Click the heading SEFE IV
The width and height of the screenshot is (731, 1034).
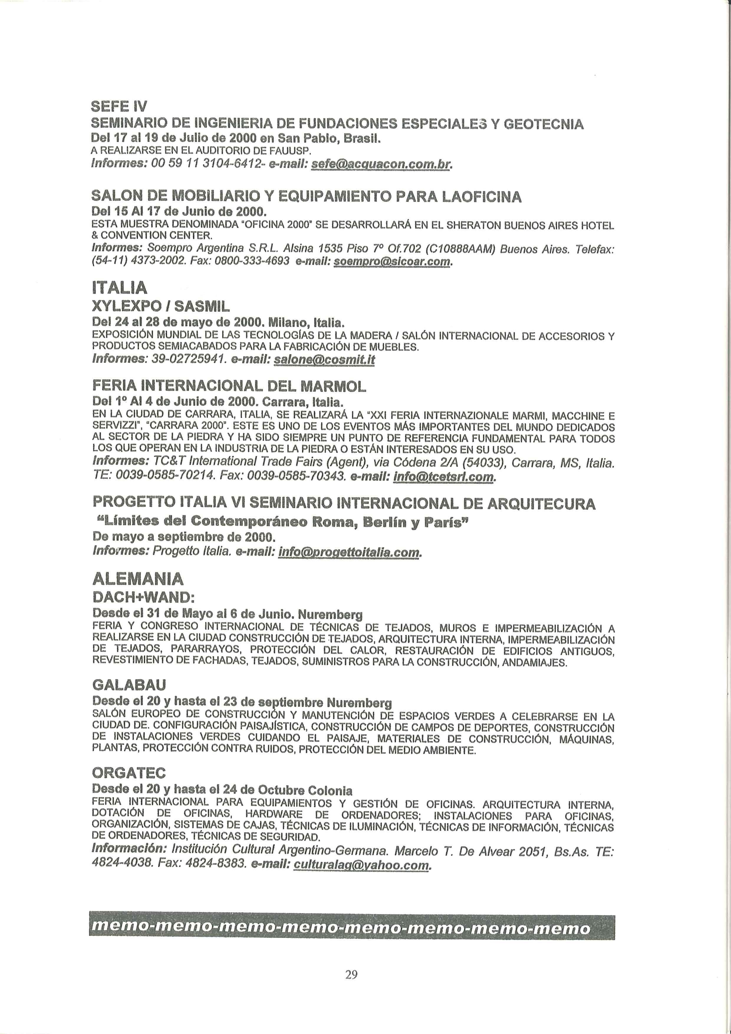point(119,106)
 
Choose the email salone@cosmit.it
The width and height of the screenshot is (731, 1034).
point(324,360)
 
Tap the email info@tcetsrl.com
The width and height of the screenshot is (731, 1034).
point(444,476)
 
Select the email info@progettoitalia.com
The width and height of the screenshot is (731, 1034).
point(350,552)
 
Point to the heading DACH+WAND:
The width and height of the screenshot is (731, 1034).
point(143,597)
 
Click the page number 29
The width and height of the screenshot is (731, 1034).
point(351,974)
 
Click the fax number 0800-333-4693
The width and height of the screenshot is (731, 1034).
point(255,261)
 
